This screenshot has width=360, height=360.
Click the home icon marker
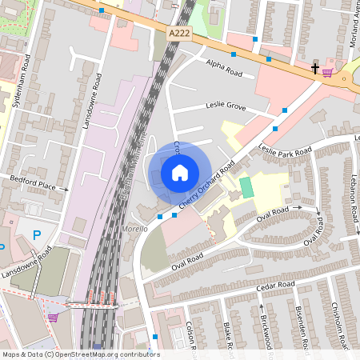[x=180, y=173]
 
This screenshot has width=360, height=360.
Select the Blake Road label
[x=228, y=336]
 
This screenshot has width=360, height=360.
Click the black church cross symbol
[x=315, y=69]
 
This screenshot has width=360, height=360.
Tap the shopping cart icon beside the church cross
[x=328, y=71]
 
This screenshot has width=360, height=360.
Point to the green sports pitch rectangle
[x=246, y=188]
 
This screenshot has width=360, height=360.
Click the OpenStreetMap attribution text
[x=81, y=354]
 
